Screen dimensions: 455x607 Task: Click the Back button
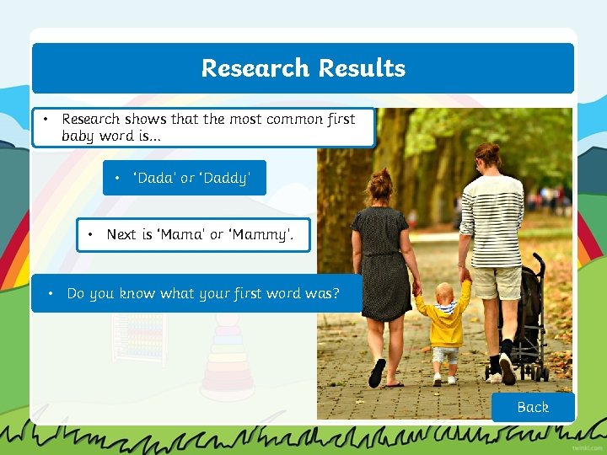tap(533, 407)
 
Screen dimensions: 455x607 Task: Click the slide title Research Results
tap(303, 68)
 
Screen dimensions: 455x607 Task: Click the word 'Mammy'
tap(261, 234)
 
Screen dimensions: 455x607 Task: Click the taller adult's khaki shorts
tap(497, 282)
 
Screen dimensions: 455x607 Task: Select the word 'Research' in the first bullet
tap(91, 119)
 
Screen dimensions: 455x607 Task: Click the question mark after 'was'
tap(336, 294)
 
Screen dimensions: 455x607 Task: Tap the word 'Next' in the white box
tap(121, 234)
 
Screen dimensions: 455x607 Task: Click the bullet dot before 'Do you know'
tap(51, 293)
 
